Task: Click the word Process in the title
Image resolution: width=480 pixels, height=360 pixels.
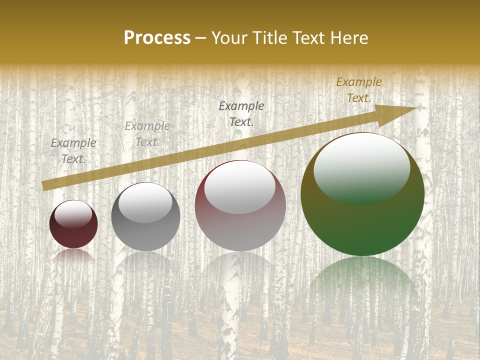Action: (157, 38)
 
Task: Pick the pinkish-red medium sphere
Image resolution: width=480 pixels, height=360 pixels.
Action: (240, 225)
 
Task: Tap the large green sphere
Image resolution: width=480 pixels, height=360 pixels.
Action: (362, 220)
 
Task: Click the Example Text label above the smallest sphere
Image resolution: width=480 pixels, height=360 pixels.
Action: (73, 151)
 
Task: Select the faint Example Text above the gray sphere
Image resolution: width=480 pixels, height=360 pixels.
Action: (147, 134)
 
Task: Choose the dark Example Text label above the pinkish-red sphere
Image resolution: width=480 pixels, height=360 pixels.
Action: (241, 113)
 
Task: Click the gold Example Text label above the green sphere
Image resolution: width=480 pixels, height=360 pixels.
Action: (359, 90)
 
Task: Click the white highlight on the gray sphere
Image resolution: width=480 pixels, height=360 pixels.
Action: (145, 202)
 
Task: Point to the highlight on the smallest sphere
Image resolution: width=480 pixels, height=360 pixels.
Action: (73, 213)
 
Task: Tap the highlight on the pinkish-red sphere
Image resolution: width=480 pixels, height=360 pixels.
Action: (240, 186)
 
